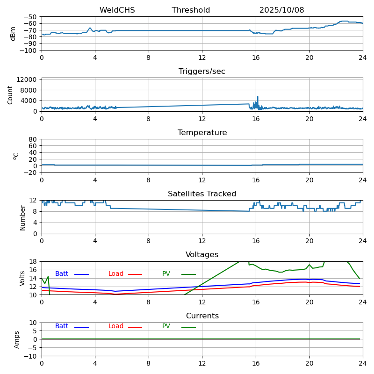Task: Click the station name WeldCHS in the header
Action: pyautogui.click(x=117, y=10)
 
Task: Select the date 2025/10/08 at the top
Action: pyautogui.click(x=281, y=10)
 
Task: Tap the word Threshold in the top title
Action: pyautogui.click(x=191, y=10)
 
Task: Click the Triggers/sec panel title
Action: pyautogui.click(x=202, y=72)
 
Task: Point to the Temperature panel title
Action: pyautogui.click(x=202, y=133)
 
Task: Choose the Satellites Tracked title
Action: pyautogui.click(x=202, y=194)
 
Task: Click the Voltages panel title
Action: pyautogui.click(x=202, y=255)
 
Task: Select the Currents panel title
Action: pyautogui.click(x=202, y=316)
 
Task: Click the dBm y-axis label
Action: pyautogui.click(x=13, y=33)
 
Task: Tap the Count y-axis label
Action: pyautogui.click(x=10, y=94)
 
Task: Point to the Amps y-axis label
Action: pyautogui.click(x=17, y=339)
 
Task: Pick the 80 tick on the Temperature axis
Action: pyautogui.click(x=33, y=139)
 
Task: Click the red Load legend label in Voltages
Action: pyautogui.click(x=116, y=274)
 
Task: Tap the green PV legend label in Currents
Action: pyautogui.click(x=166, y=326)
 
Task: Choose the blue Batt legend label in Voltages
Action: pyautogui.click(x=62, y=274)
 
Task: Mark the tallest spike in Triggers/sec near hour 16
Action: pyautogui.click(x=257, y=97)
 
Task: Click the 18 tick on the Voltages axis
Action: pyautogui.click(x=34, y=261)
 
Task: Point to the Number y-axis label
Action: pyautogui.click(x=23, y=217)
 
